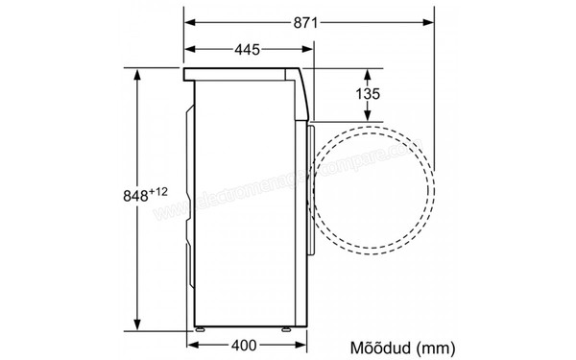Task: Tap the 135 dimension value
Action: click(370, 93)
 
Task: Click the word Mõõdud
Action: click(379, 344)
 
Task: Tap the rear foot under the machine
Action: click(201, 330)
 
